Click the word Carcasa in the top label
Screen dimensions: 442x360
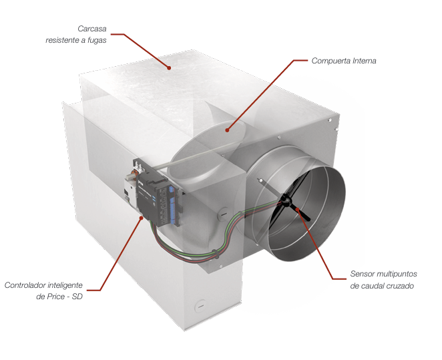[x=92, y=29]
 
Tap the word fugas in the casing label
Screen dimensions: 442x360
[x=97, y=40]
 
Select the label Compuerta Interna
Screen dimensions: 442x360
[x=344, y=61]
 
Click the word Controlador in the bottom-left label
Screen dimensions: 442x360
[x=25, y=285]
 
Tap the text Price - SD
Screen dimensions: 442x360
[x=65, y=297]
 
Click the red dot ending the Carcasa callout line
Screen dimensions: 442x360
[x=169, y=67]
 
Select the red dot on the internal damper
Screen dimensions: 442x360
[x=227, y=130]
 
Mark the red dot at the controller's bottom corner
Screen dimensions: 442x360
[x=142, y=217]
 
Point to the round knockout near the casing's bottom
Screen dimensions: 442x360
[x=200, y=306]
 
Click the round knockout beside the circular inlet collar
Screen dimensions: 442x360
[x=223, y=214]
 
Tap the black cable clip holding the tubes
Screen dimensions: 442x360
[x=215, y=254]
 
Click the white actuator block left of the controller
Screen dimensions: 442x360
[x=130, y=192]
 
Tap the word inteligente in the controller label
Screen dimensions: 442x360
[x=65, y=285]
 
